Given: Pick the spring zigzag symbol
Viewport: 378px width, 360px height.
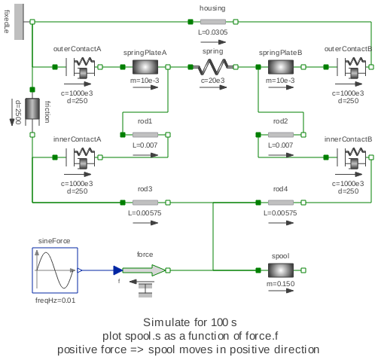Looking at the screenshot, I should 212,68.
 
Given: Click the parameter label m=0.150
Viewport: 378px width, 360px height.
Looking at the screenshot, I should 280,284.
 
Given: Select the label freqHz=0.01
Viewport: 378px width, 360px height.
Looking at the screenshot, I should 55,301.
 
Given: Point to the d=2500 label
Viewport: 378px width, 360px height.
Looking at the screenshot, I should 17,112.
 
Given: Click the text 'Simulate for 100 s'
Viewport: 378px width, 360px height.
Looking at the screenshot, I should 188,322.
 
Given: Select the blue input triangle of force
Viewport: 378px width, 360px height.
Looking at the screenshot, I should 118,270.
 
